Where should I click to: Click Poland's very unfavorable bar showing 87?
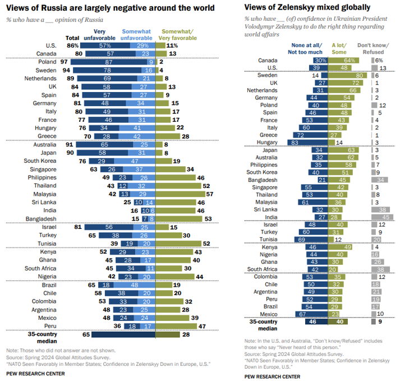[x=109, y=62]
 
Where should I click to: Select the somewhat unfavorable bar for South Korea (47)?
[x=135, y=161]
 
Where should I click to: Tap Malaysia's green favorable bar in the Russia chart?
[x=181, y=194]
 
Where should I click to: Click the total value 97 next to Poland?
[x=64, y=62]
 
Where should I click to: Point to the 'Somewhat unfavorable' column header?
[x=136, y=35]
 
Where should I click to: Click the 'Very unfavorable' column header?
[x=99, y=35]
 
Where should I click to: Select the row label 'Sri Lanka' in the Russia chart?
[x=44, y=202]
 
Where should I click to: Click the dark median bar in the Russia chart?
[x=123, y=334]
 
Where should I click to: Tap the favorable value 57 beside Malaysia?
[x=210, y=194]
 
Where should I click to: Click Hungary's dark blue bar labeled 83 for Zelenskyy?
[x=307, y=143]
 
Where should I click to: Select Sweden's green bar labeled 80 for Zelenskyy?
[x=347, y=75]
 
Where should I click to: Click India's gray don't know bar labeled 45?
[x=382, y=217]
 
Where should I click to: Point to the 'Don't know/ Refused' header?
[x=373, y=49]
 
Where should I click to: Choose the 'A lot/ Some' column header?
[x=339, y=49]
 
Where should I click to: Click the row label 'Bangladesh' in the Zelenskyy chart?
[x=263, y=180]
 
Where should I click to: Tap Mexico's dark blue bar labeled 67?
[x=312, y=314]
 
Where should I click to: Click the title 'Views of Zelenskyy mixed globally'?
[x=307, y=7]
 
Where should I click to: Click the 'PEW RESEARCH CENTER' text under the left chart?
[x=36, y=374]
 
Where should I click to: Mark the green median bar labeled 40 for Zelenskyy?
[x=338, y=322]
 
